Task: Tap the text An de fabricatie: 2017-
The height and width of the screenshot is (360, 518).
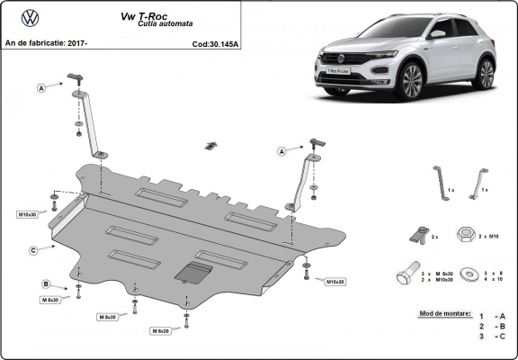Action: (x=46, y=42)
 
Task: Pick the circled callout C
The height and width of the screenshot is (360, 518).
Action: (x=32, y=249)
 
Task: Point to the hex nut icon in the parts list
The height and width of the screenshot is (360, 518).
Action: (x=467, y=234)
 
